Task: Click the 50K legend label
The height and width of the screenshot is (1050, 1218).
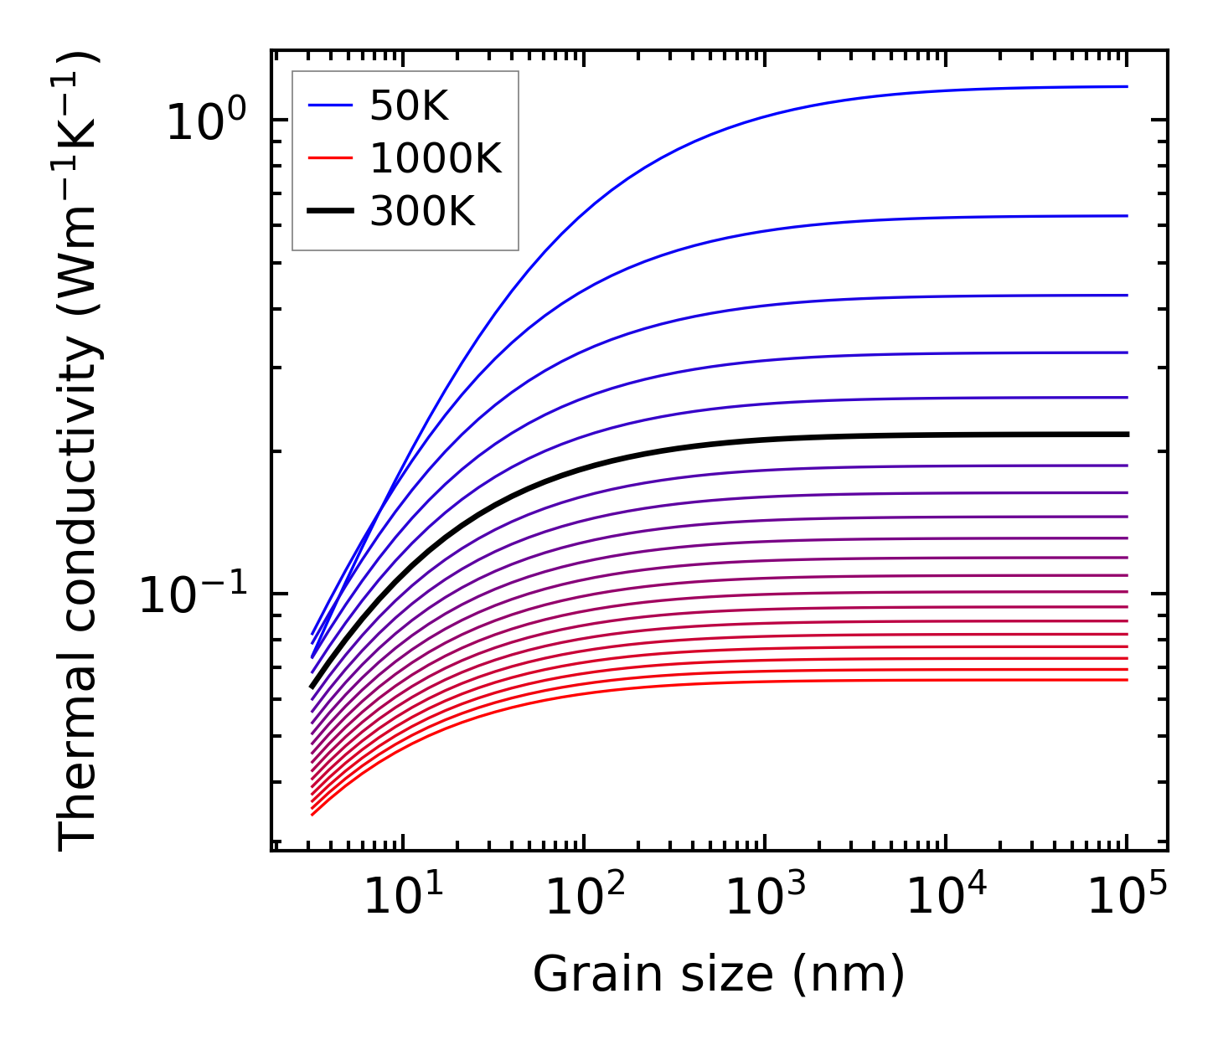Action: coord(409,106)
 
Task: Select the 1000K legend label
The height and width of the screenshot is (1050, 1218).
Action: coord(435,158)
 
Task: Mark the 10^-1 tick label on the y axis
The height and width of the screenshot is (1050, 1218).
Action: coord(194,596)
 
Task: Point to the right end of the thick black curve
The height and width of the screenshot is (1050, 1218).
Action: coord(1128,434)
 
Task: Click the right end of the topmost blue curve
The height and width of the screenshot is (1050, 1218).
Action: coord(1128,86)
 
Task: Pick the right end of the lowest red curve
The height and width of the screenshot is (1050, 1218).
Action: coord(1128,679)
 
